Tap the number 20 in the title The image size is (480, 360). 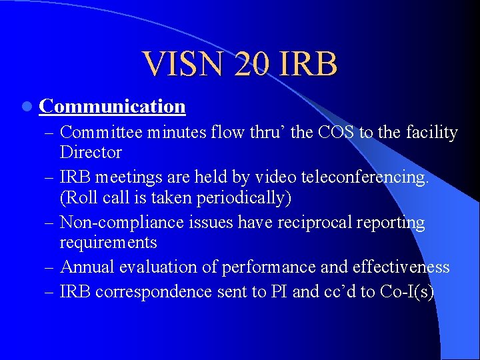coord(253,64)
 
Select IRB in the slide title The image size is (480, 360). coord(311,64)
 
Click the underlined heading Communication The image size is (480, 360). coord(112,107)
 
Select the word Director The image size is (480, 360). coord(91,153)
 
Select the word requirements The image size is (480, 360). coord(109,242)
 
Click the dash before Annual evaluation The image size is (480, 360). coord(51,267)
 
